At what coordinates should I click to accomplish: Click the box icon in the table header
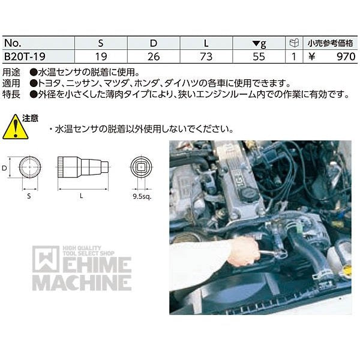coord(293,43)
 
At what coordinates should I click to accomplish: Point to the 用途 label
coord(11,70)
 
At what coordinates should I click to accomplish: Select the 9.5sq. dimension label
coord(141,194)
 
